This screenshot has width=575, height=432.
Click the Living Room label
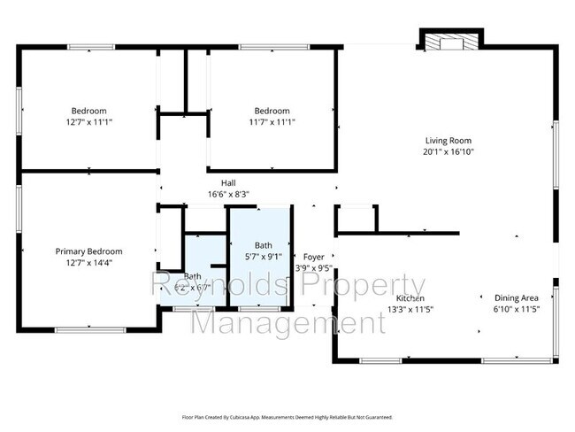[448, 140]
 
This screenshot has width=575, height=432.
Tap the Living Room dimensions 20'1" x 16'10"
[448, 151]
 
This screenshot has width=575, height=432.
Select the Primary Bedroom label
[88, 251]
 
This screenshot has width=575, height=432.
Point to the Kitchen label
[410, 298]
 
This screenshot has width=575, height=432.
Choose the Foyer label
[314, 257]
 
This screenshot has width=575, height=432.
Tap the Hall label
[228, 182]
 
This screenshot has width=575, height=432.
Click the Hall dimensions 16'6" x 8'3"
[228, 194]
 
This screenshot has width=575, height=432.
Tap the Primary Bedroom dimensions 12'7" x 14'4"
[88, 262]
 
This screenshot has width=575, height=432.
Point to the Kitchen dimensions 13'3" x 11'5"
[410, 310]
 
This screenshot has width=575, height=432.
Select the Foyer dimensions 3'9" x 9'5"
[314, 268]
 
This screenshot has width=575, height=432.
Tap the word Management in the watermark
[288, 322]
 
